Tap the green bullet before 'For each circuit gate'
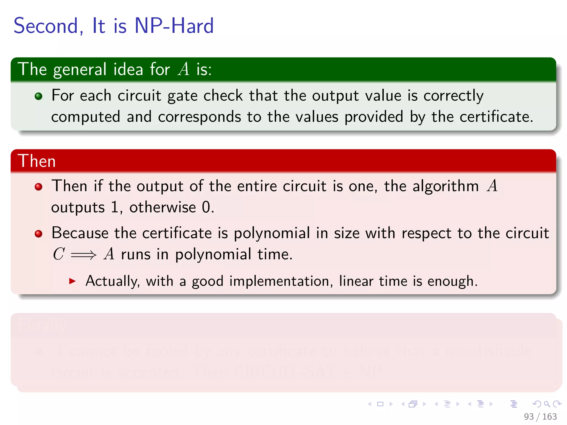(38, 96)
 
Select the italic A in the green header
(184, 69)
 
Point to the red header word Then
(37, 161)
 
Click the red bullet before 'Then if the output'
(38, 187)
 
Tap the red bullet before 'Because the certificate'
(38, 234)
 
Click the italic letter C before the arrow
(59, 254)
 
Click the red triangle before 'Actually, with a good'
(72, 281)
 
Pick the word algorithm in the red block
(445, 186)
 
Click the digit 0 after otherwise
(206, 207)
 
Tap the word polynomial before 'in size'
(272, 233)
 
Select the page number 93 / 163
(540, 416)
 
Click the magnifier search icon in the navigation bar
(547, 404)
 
